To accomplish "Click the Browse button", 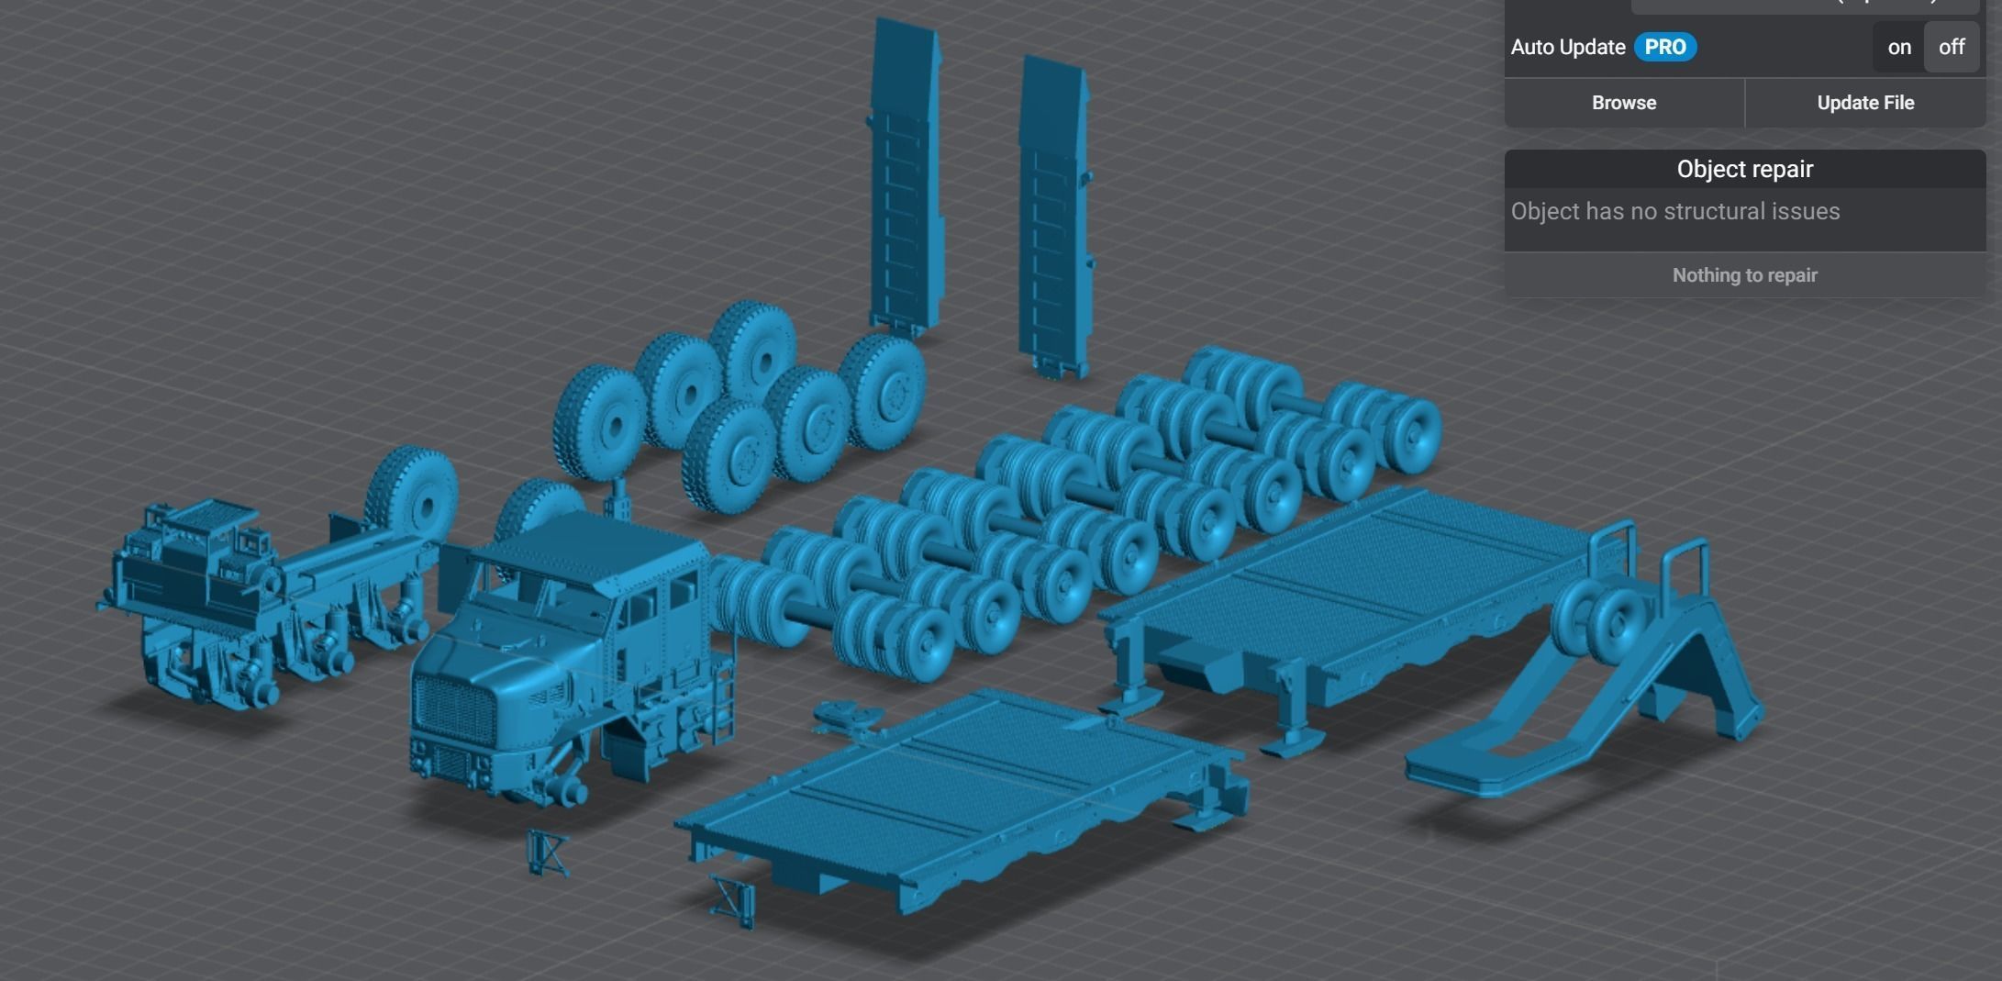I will tap(1623, 103).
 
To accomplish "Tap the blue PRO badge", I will tap(1664, 47).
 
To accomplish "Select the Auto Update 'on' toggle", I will tap(1898, 47).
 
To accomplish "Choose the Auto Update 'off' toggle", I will tap(1951, 47).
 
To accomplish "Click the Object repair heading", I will tap(1744, 170).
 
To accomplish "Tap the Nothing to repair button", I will tap(1744, 275).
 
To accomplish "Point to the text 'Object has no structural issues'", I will tap(1674, 212).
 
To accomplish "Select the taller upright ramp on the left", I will tap(906, 174).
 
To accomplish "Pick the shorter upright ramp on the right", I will tap(1055, 216).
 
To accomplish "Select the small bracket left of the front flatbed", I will tap(547, 853).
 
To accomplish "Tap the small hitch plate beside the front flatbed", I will tap(846, 717).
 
